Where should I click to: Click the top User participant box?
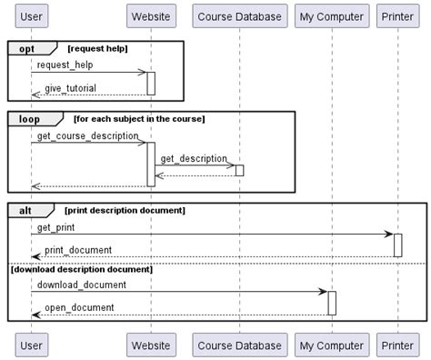31,16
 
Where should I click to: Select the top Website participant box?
150,16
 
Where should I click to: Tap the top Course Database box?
239,16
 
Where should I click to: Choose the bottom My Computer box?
331,345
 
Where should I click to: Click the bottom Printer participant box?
397,345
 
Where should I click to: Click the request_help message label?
65,65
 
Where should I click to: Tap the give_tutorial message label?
70,88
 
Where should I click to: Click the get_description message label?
193,159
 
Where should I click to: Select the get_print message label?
56,227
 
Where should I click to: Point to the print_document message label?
78,250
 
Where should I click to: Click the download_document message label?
82,285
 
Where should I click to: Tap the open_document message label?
79,307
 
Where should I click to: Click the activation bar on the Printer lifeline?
398,245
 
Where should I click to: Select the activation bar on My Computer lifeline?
332,303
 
